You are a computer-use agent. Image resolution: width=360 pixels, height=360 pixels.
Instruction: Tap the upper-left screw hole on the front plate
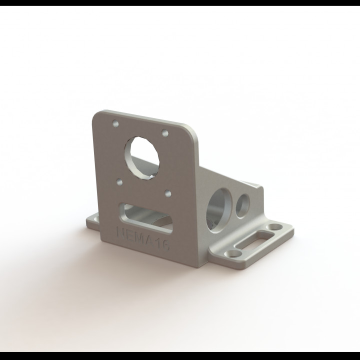pos(116,122)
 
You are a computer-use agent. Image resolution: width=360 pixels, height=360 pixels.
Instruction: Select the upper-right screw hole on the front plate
pos(164,133)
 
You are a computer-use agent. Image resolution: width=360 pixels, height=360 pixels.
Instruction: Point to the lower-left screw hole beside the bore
pos(119,182)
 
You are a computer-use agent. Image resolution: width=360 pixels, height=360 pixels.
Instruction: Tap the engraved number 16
pos(164,243)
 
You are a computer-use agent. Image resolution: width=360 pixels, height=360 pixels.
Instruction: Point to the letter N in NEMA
pos(120,231)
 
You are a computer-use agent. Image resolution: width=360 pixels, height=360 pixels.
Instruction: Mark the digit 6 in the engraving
pos(168,244)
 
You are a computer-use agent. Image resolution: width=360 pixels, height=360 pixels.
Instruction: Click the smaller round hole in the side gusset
pos(243,203)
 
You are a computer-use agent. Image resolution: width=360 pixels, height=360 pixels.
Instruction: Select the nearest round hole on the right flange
pos(231,254)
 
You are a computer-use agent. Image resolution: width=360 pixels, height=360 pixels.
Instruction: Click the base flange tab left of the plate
pos(92,220)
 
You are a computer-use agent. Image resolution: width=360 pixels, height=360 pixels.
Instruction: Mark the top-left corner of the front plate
pos(96,114)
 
